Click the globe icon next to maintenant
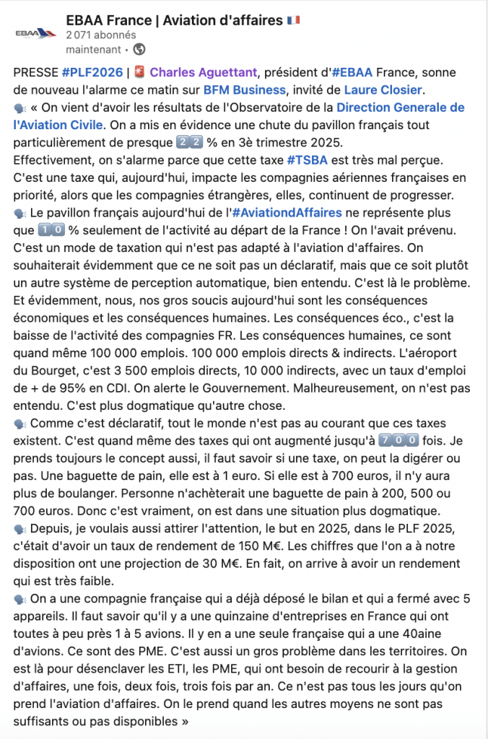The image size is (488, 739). coord(139,50)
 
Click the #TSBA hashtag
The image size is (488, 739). coord(310,159)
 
